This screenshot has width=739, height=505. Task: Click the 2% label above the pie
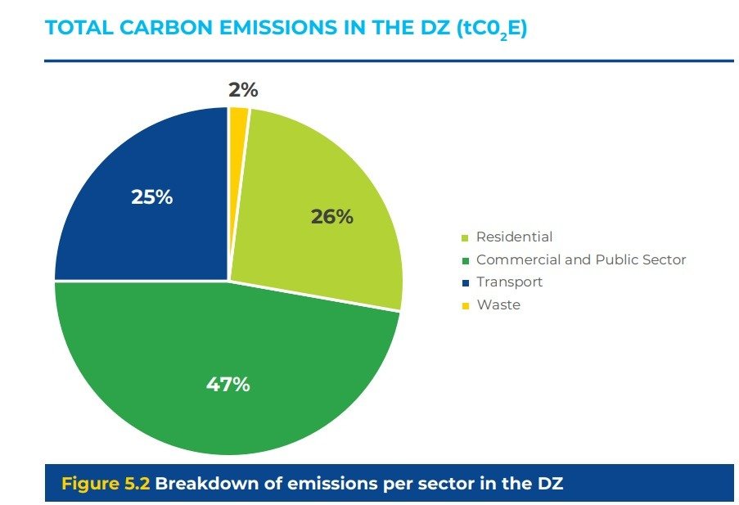pyautogui.click(x=243, y=91)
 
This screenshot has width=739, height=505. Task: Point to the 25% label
pyautogui.click(x=151, y=197)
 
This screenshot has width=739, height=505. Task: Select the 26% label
pyautogui.click(x=331, y=217)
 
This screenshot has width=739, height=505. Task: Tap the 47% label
pyautogui.click(x=228, y=384)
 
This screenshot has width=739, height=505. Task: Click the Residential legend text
pyautogui.click(x=514, y=237)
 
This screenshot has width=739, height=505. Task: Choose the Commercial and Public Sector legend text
pyautogui.click(x=581, y=259)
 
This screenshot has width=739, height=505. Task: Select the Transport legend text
pyautogui.click(x=509, y=282)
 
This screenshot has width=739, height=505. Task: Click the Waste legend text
pyautogui.click(x=498, y=304)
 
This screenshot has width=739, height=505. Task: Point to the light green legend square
pyautogui.click(x=466, y=238)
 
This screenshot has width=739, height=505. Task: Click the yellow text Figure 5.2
pyautogui.click(x=106, y=483)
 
